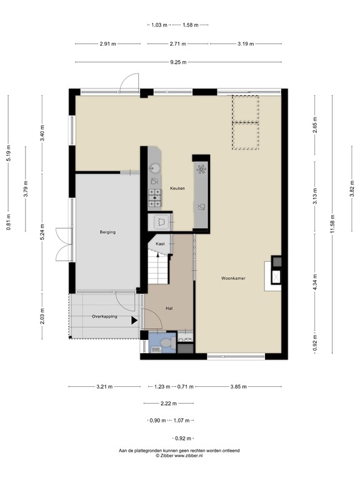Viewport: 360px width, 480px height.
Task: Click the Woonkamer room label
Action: (232, 279)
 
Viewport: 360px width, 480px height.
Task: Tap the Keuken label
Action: (177, 188)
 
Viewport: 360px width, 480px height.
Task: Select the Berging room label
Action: (107, 232)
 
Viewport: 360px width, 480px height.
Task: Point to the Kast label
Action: (161, 243)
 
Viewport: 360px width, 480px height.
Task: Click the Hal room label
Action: (169, 309)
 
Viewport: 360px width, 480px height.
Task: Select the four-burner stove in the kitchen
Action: (154, 199)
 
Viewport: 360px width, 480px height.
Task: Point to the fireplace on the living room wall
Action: (274, 274)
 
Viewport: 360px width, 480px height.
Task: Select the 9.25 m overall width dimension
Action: (179, 62)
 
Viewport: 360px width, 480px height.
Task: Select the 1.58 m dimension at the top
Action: (191, 25)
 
